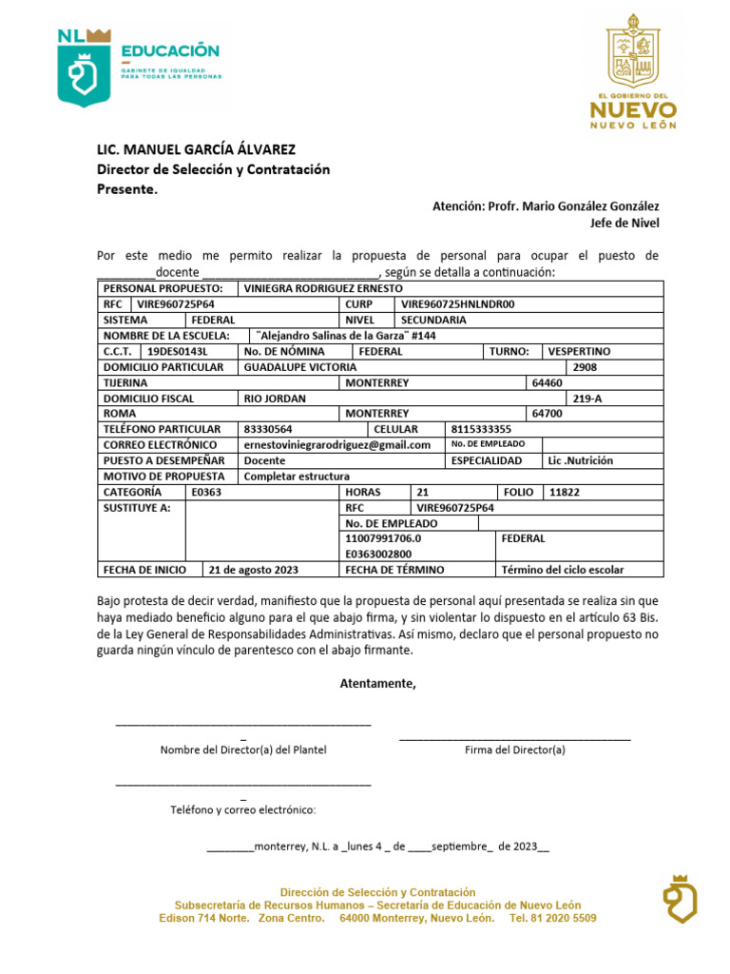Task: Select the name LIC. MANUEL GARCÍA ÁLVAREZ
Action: pos(197,149)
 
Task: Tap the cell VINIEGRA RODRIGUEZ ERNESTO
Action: pos(323,288)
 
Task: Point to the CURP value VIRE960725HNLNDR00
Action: pos(457,304)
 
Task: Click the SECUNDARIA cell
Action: pos(433,321)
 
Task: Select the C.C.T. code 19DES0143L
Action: pos(178,351)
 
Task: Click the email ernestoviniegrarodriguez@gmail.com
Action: pos(337,444)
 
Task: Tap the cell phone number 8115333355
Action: pos(481,429)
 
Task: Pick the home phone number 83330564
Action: pos(268,429)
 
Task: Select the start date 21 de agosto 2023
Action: pos(254,570)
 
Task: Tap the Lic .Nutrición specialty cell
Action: pos(581,460)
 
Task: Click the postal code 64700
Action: pos(547,414)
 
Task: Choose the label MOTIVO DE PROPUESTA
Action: pos(164,476)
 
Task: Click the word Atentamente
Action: pos(378,683)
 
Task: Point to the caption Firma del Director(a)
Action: pos(514,750)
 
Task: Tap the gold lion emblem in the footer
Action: pos(680,899)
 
